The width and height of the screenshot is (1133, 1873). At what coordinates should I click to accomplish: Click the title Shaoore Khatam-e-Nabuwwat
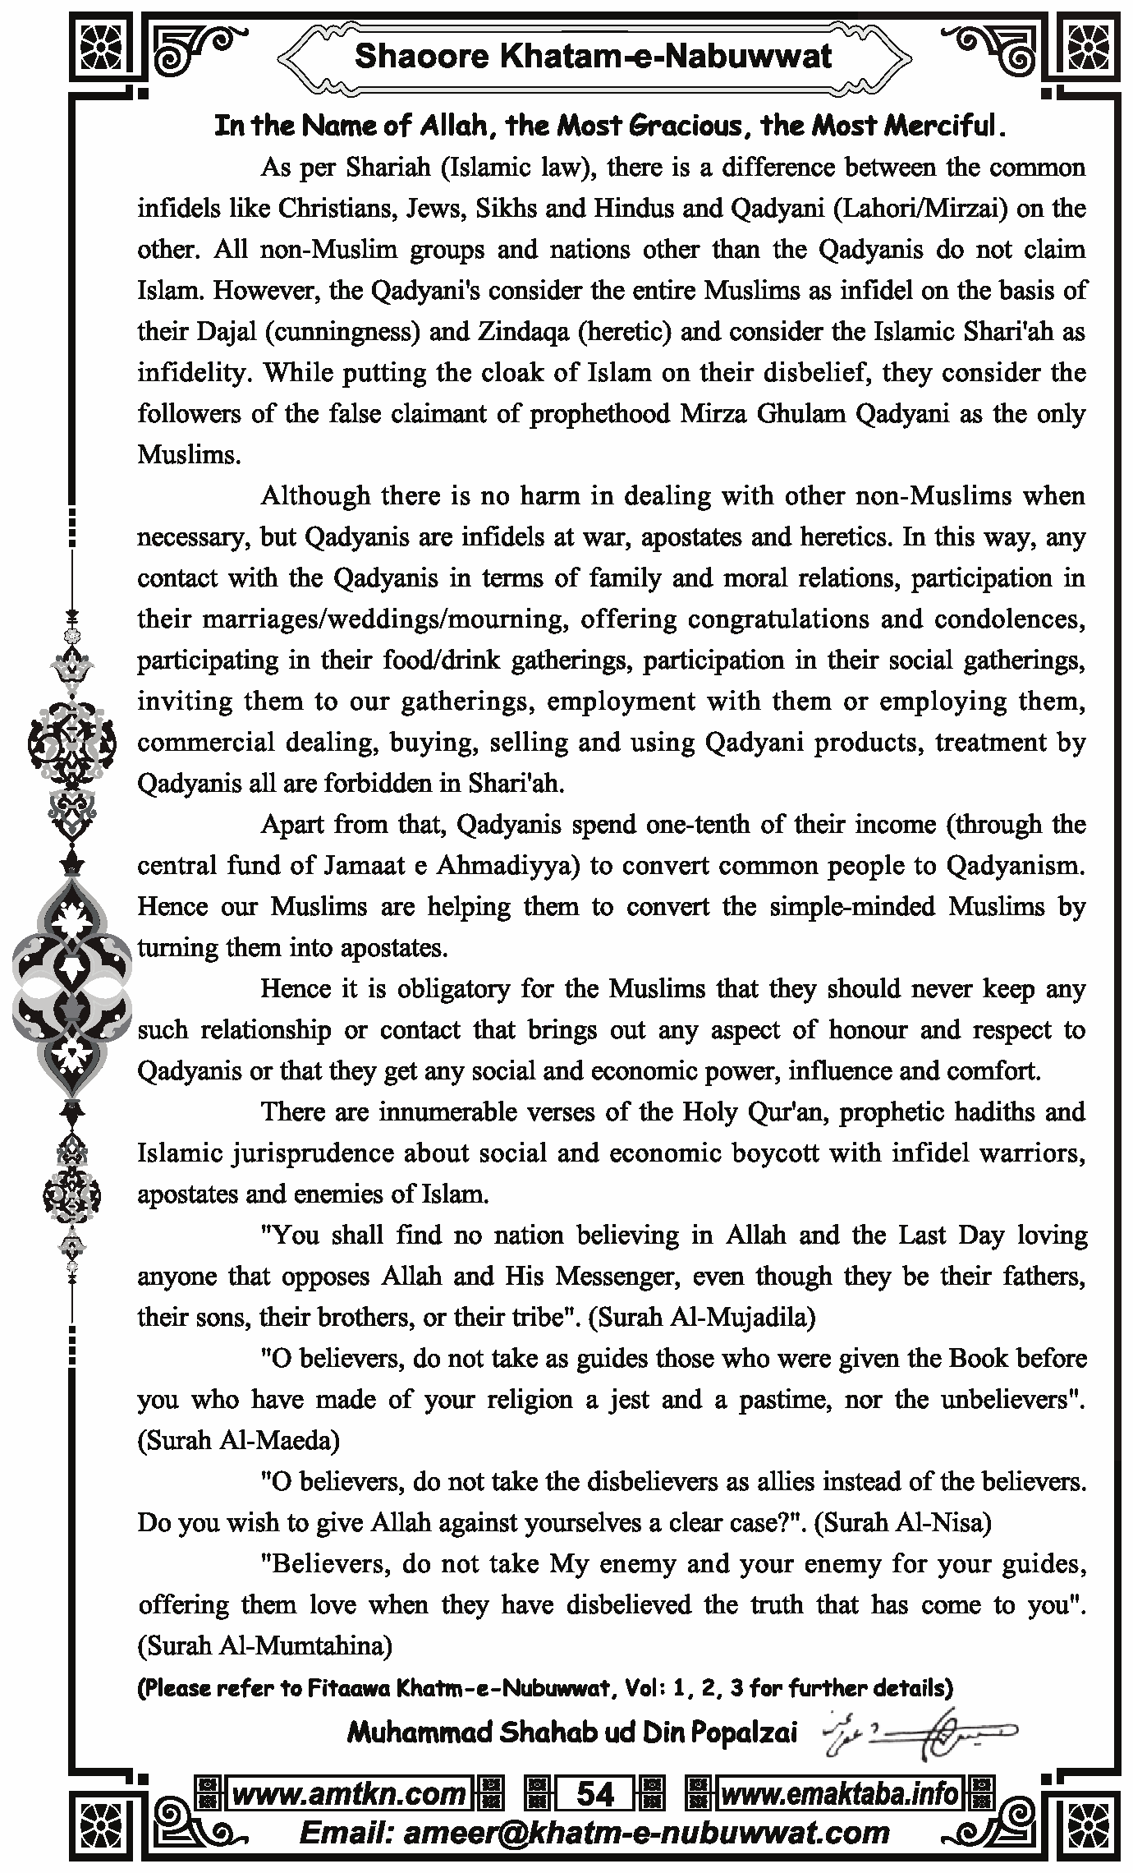point(593,56)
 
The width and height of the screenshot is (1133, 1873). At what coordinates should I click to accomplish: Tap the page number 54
point(595,1794)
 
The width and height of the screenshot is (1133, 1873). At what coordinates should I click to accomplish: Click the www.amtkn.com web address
point(349,1794)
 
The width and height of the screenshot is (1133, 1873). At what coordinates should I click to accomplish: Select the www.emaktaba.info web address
point(839,1794)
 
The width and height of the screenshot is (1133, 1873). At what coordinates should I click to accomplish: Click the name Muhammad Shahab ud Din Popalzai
point(571,1733)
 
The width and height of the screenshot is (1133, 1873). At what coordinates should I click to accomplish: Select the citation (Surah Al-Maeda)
point(238,1440)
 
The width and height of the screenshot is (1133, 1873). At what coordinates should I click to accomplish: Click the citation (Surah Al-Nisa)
point(906,1522)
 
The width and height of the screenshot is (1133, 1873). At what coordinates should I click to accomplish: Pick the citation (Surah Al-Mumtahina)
point(264,1645)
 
